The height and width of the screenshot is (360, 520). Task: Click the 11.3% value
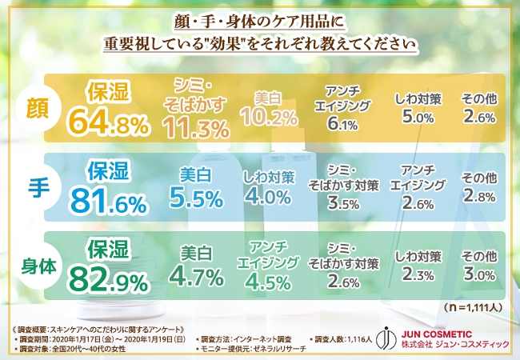[197, 126]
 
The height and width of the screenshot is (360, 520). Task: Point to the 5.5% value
[195, 198]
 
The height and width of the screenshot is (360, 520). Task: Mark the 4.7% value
[196, 278]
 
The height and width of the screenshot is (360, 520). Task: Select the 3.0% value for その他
[480, 277]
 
